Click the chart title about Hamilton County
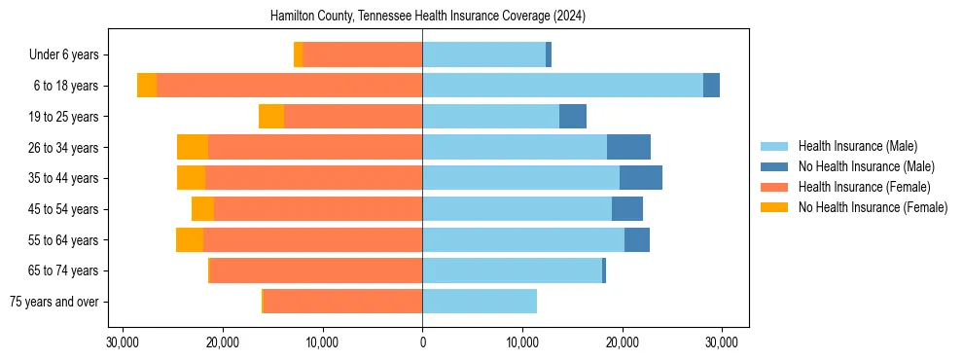click(x=422, y=16)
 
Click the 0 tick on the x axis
click(x=422, y=342)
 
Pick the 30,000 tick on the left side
click(x=123, y=342)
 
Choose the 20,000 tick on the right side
click(x=622, y=342)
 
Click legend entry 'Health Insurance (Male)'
click(x=857, y=146)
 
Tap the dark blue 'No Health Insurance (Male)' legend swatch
click(x=774, y=166)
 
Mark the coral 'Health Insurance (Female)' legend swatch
click(x=774, y=187)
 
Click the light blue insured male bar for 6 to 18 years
click(x=562, y=86)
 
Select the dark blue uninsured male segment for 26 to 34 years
click(x=628, y=147)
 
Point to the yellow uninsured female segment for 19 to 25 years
click(x=271, y=117)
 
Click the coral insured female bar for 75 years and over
click(x=342, y=302)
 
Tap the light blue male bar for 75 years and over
click(x=480, y=302)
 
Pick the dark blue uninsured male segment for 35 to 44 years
click(x=641, y=178)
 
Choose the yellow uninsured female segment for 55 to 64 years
click(x=190, y=239)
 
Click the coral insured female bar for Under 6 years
click(x=362, y=55)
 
